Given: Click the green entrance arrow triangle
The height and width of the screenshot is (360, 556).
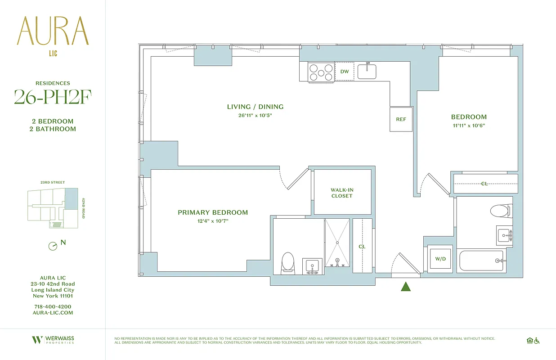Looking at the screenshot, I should pyautogui.click(x=406, y=287).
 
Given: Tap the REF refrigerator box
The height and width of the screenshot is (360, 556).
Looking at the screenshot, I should pyautogui.click(x=401, y=119).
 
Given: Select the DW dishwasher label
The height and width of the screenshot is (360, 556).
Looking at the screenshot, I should pyautogui.click(x=345, y=72).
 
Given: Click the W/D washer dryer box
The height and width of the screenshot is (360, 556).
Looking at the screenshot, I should pyautogui.click(x=439, y=259).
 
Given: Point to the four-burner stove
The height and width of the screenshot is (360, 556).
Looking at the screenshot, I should pyautogui.click(x=321, y=72).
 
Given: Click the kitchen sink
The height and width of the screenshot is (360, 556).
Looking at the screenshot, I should pyautogui.click(x=367, y=71).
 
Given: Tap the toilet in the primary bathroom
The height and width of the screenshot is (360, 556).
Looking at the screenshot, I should pyautogui.click(x=287, y=262).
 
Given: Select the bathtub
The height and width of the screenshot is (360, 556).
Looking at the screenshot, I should pyautogui.click(x=481, y=261).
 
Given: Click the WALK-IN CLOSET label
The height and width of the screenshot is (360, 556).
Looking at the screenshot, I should pyautogui.click(x=342, y=193).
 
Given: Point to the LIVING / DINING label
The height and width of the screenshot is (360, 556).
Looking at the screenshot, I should pyautogui.click(x=255, y=107).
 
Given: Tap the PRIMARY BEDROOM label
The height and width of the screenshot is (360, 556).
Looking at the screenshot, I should pyautogui.click(x=213, y=212).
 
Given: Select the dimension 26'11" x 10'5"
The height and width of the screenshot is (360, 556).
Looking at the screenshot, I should pyautogui.click(x=255, y=115).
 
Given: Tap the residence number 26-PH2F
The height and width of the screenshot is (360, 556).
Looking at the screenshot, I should pyautogui.click(x=53, y=97).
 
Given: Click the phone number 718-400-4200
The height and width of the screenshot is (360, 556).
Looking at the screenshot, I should pyautogui.click(x=53, y=306).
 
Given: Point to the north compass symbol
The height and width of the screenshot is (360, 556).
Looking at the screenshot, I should pyautogui.click(x=53, y=246).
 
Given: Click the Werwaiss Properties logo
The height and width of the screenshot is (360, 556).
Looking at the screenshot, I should pyautogui.click(x=53, y=340).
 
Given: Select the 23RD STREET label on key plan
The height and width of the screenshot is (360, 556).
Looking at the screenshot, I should pyautogui.click(x=53, y=183).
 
